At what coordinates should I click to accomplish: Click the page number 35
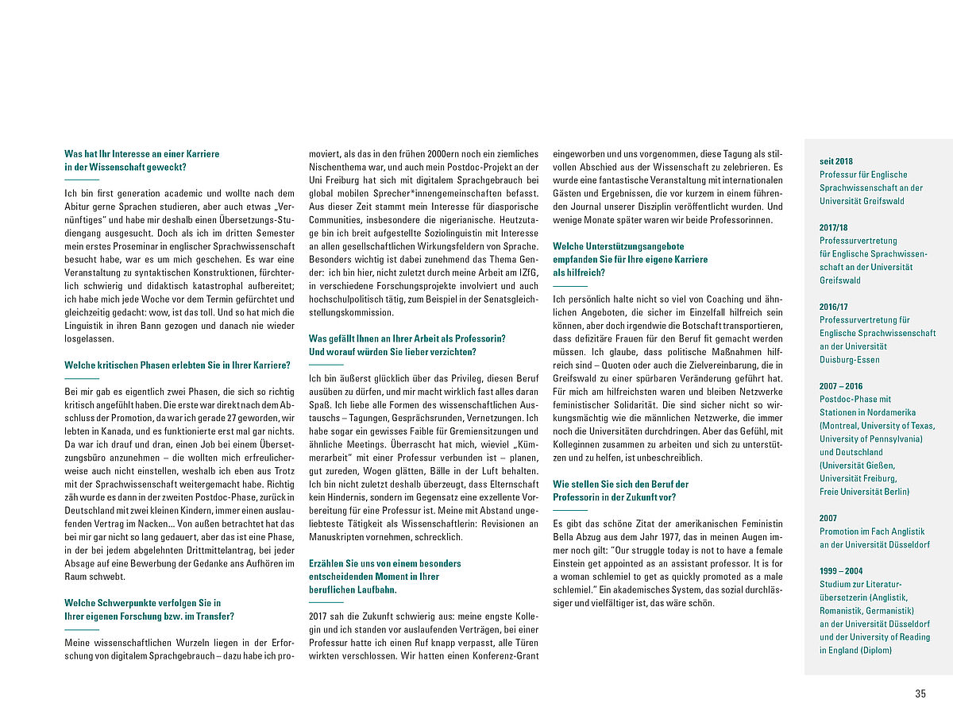pyautogui.click(x=920, y=694)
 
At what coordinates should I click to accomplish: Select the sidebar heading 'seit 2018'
pyautogui.click(x=836, y=161)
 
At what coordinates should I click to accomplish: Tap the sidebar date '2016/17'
pyautogui.click(x=834, y=307)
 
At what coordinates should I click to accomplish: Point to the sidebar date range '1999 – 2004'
pyautogui.click(x=841, y=570)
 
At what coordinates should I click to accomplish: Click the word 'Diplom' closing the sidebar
pyautogui.click(x=875, y=650)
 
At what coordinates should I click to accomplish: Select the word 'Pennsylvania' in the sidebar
pyautogui.click(x=890, y=439)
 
